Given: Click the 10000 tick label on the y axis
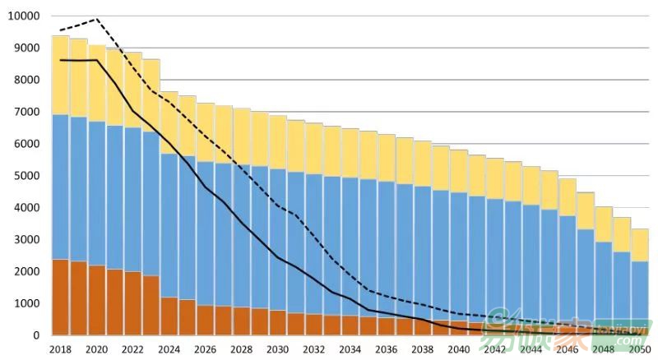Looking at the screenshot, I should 25,16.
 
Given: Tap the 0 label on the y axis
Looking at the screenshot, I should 36,335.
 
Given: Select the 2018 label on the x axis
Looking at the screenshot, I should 60,350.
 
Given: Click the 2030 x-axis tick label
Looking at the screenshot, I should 278,350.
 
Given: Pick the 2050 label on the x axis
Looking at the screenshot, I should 641,350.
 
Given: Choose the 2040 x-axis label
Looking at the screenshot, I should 459,350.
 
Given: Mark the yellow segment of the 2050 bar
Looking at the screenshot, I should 641,245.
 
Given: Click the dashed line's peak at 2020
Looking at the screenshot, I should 96,19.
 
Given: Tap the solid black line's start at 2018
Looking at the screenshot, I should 60,60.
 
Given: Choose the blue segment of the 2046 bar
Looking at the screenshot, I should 568,271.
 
